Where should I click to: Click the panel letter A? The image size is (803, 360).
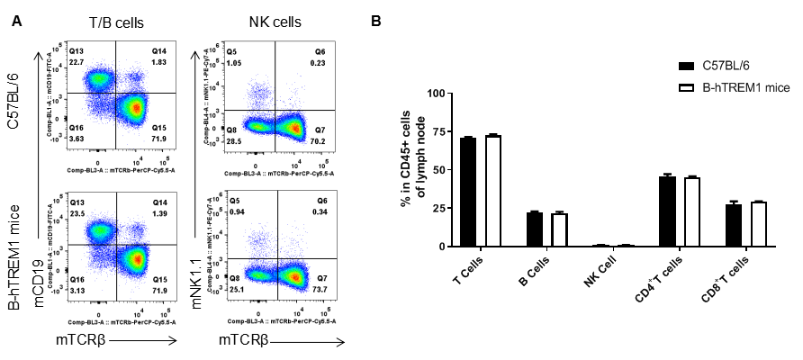click(x=16, y=19)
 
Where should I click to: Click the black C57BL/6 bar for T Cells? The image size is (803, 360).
click(x=466, y=192)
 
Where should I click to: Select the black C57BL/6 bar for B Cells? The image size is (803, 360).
click(x=534, y=229)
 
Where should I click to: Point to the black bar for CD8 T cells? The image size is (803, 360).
click(x=734, y=225)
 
